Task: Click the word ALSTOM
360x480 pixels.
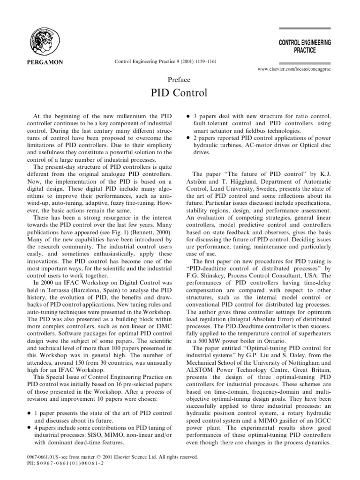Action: click(206, 388)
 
